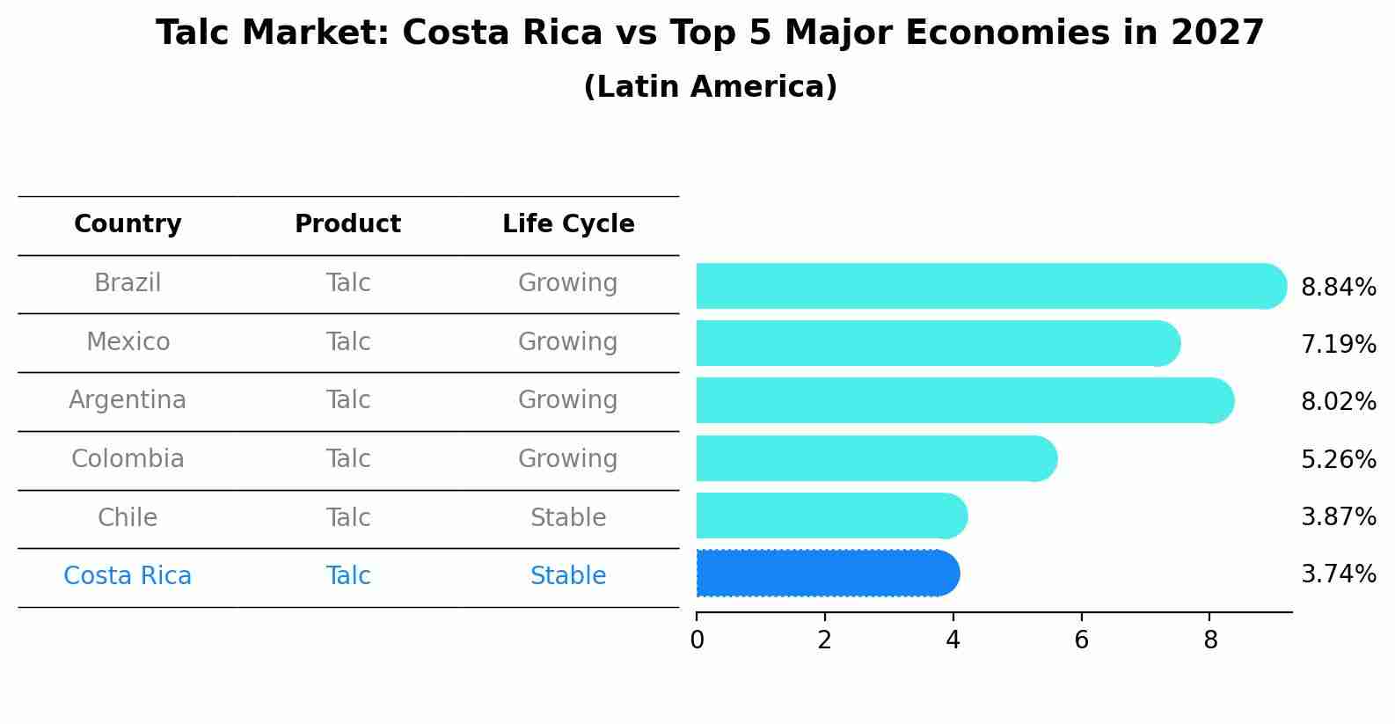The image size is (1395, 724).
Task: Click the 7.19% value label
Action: [x=1338, y=344]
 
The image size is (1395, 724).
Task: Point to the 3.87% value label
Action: [x=1338, y=516]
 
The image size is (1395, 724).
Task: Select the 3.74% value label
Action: [x=1338, y=574]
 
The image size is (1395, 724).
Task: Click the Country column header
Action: [x=128, y=224]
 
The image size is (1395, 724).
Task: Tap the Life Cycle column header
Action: [x=568, y=224]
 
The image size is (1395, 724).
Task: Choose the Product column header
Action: [x=347, y=224]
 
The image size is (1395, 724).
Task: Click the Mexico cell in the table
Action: [x=128, y=341]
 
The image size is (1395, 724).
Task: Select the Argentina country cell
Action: [x=128, y=400]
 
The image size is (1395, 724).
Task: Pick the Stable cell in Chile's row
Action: [x=568, y=517]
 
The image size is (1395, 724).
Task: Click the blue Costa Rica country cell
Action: [x=128, y=575]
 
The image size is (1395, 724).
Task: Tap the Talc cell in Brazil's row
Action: [x=347, y=283]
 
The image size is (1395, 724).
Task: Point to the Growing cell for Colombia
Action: [x=568, y=458]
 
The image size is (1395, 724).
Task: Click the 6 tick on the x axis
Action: [x=1081, y=640]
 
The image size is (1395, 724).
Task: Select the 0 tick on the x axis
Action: [x=697, y=640]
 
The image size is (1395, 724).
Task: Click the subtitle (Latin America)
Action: [x=710, y=87]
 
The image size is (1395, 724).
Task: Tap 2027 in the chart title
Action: [x=1217, y=33]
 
